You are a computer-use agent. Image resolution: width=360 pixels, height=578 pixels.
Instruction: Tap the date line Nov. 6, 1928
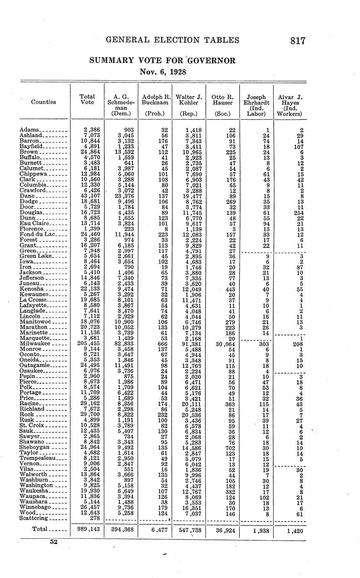coord(163,72)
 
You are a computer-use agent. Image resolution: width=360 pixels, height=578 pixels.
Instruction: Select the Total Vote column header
coord(87,99)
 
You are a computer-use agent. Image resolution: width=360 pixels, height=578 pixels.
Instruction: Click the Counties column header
coord(44,102)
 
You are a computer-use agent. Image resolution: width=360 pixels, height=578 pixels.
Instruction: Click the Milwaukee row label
coord(34,343)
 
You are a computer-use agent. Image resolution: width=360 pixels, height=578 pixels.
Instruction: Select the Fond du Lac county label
coord(37,234)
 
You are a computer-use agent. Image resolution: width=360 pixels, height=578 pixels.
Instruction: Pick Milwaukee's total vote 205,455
coord(89,343)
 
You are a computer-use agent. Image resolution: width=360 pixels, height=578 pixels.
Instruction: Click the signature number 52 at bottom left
coord(53,542)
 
